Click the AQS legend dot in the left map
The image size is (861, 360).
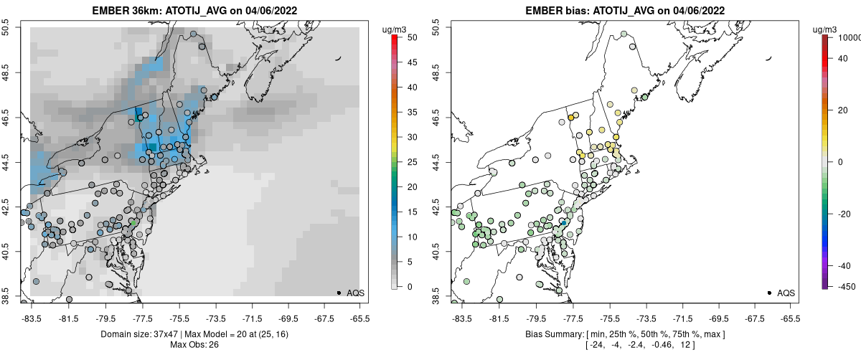coord(339,293)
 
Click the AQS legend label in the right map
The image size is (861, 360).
coord(786,293)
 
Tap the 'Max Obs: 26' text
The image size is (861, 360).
coord(195,345)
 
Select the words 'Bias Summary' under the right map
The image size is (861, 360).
coord(550,334)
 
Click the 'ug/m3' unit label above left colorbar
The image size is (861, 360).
coord(396,29)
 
